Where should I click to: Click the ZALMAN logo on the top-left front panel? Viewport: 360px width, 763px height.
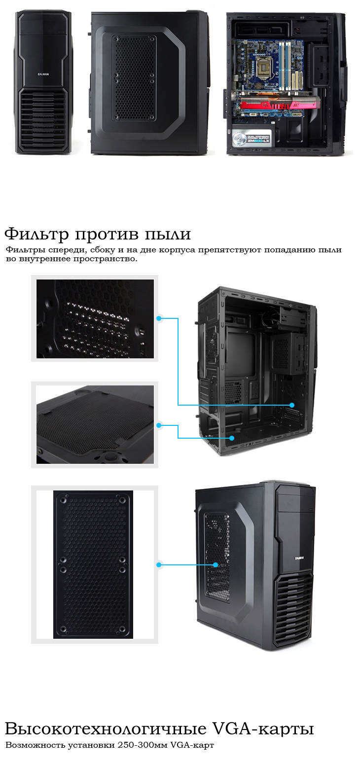click(x=43, y=74)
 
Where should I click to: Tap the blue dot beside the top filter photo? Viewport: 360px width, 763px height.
click(x=158, y=318)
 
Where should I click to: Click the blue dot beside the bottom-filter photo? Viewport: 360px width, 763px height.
click(x=158, y=425)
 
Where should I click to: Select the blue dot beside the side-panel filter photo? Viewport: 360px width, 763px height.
click(x=158, y=565)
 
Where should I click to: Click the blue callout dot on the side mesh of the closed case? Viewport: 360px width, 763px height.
click(x=216, y=565)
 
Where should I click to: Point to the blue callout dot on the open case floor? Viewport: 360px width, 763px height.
click(x=232, y=438)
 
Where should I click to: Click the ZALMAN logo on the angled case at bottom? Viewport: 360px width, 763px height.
click(x=299, y=558)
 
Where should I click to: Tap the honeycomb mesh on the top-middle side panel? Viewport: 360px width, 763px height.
click(x=134, y=78)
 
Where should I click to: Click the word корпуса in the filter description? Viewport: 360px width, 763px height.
click(x=177, y=250)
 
